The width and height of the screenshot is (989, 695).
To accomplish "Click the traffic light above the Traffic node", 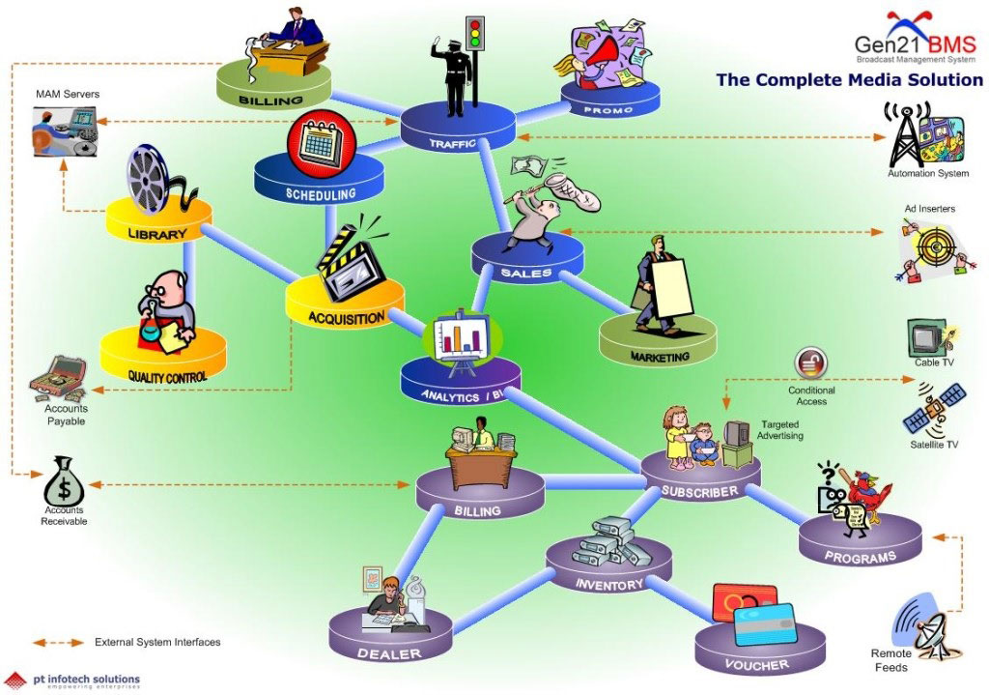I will pos(473,37).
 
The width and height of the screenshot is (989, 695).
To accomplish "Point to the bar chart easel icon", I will pos(459,338).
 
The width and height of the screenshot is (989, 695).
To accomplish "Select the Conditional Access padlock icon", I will pos(809,363).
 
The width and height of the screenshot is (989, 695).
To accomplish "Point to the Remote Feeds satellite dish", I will pos(921,623).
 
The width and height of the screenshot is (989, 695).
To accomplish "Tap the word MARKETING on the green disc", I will pos(661,357).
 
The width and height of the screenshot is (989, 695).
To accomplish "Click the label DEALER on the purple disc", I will pos(389,653).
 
